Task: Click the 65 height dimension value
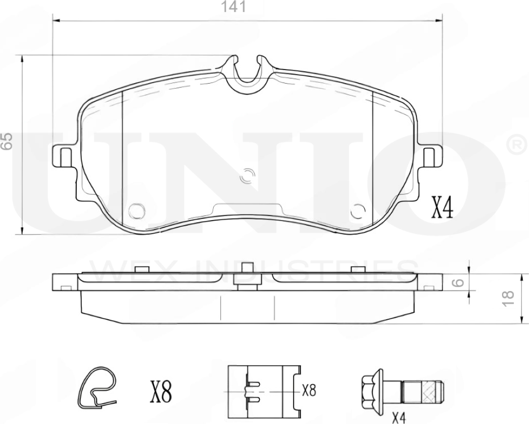tap(7, 141)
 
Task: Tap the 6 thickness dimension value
tap(456, 283)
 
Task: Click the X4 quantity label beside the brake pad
tap(443, 208)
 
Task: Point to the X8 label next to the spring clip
tap(160, 392)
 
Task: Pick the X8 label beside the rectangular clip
tap(309, 390)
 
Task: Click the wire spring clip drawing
tap(97, 388)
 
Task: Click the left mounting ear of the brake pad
tap(64, 156)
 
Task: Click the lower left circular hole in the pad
tap(136, 211)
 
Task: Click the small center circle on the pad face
tap(248, 176)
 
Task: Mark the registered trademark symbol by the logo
tap(516, 145)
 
